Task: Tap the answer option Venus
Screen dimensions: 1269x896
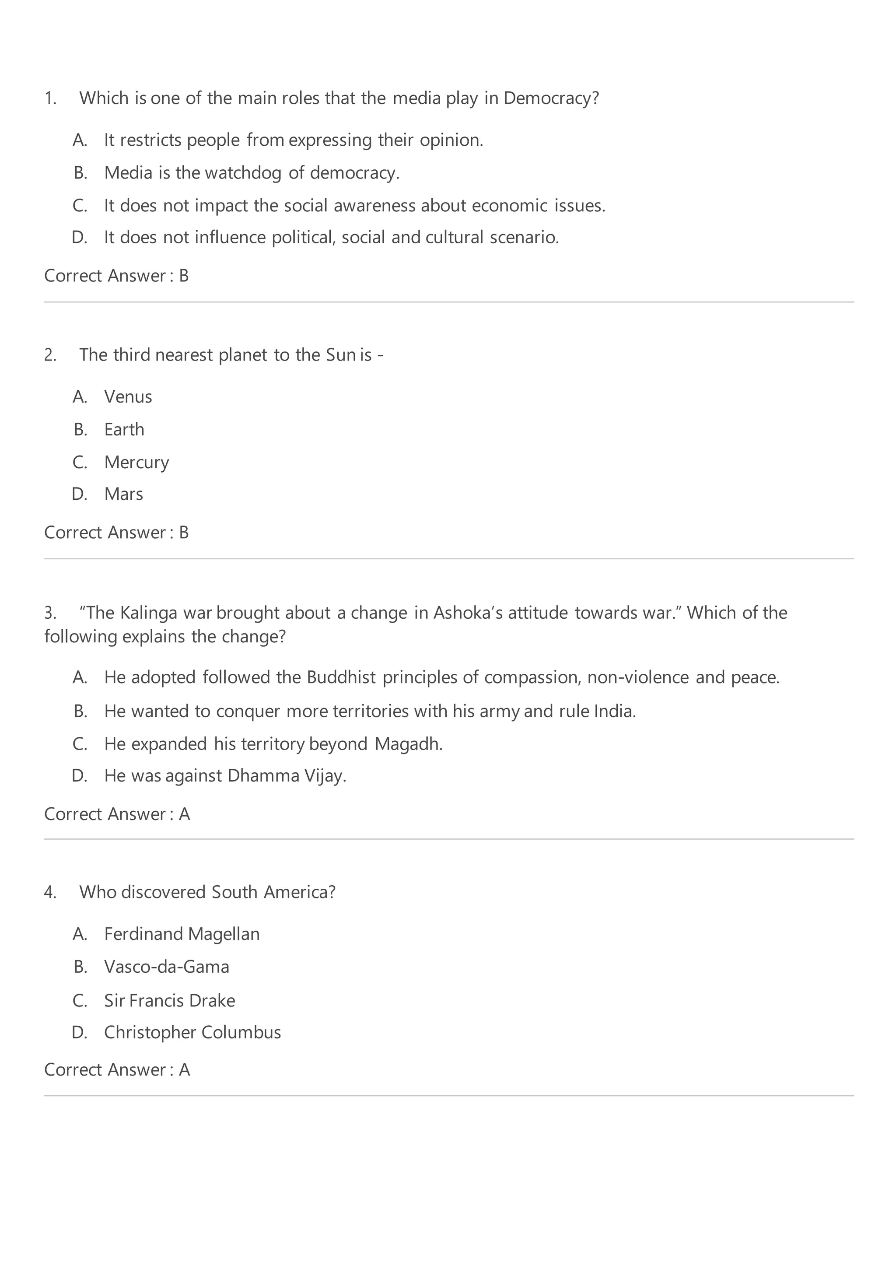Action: click(128, 397)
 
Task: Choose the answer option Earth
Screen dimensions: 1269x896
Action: click(124, 429)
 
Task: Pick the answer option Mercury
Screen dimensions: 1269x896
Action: click(136, 462)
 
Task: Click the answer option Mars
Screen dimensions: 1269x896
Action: click(123, 494)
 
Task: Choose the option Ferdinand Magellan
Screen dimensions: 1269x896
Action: click(182, 934)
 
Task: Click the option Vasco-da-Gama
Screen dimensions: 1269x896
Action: click(166, 967)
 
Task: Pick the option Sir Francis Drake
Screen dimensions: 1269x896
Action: click(170, 1000)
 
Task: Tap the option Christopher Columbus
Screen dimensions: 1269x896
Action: click(192, 1032)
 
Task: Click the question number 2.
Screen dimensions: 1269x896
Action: click(50, 355)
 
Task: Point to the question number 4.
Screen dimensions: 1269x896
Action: click(50, 893)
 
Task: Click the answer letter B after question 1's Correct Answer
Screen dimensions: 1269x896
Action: click(184, 276)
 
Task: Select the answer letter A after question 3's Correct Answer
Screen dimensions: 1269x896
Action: click(185, 814)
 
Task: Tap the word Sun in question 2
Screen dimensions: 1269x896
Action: click(340, 355)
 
